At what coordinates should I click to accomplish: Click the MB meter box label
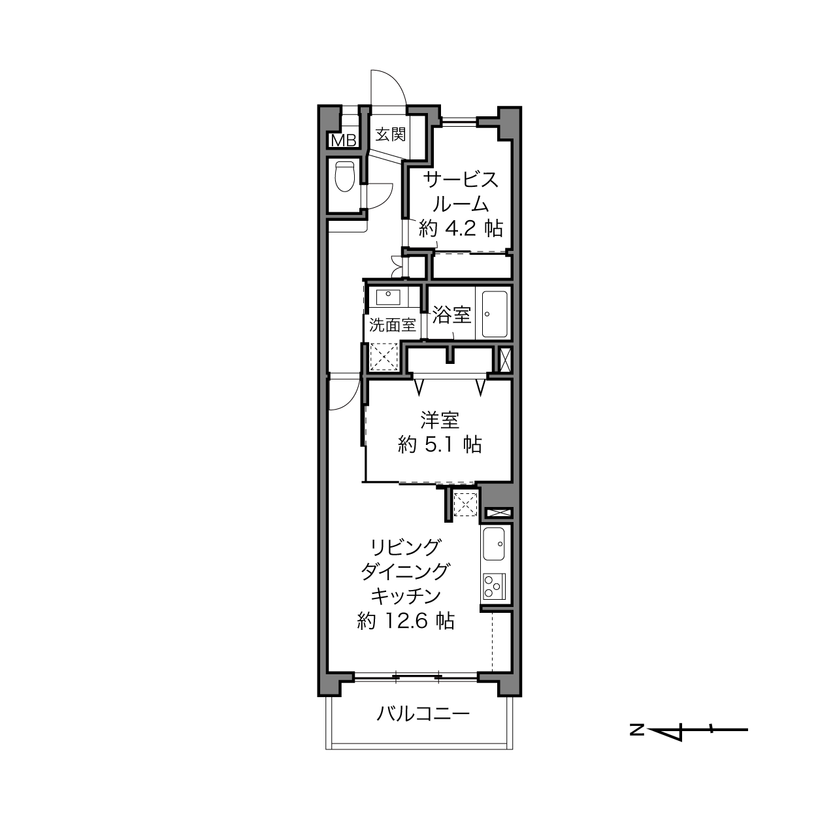tap(343, 140)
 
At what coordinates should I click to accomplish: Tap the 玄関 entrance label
tap(391, 135)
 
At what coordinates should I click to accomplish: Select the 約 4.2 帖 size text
tap(461, 229)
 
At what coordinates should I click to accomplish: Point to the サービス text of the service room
tap(461, 180)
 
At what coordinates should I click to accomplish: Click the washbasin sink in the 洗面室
tap(388, 297)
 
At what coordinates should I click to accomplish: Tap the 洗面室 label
tap(392, 325)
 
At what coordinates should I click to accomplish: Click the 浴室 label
tap(451, 315)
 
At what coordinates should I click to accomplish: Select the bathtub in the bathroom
tap(495, 314)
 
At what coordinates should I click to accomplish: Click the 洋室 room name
tap(440, 420)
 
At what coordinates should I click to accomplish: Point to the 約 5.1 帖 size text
tap(440, 445)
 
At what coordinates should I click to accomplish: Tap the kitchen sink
tap(494, 544)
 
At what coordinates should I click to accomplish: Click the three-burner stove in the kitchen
tap(494, 586)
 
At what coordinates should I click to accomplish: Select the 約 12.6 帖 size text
tap(406, 621)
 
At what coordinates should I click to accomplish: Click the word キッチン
tap(406, 597)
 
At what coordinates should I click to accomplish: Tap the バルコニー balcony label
tap(423, 714)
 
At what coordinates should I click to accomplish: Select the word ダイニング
tap(406, 572)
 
